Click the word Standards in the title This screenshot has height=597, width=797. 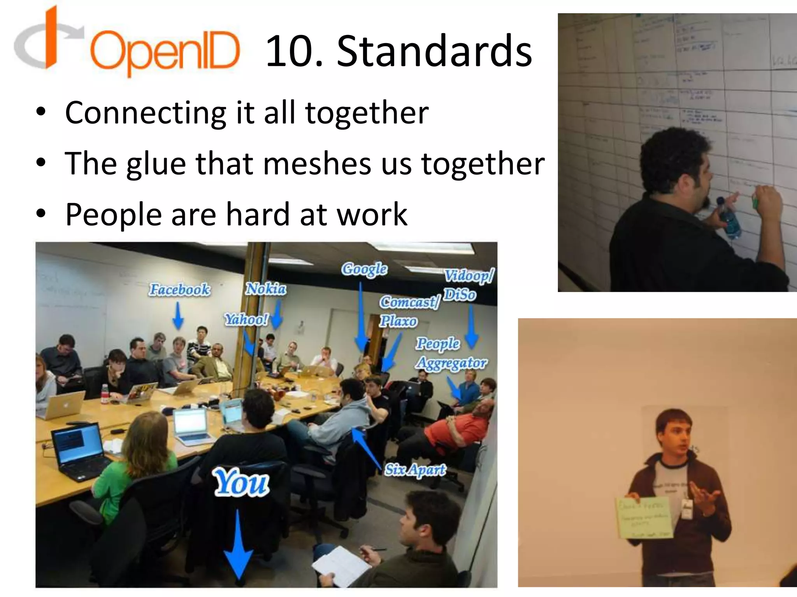434,51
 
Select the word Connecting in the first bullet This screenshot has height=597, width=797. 146,113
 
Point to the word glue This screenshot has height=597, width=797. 156,164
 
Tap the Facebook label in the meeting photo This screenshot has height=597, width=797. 180,290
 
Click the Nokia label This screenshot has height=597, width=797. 266,289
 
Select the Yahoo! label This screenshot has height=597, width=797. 246,319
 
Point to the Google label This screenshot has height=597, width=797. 364,269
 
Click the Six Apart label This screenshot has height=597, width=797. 415,470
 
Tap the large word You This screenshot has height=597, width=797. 241,483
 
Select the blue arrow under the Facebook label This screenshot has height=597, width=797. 178,316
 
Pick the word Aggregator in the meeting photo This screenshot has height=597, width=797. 451,363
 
